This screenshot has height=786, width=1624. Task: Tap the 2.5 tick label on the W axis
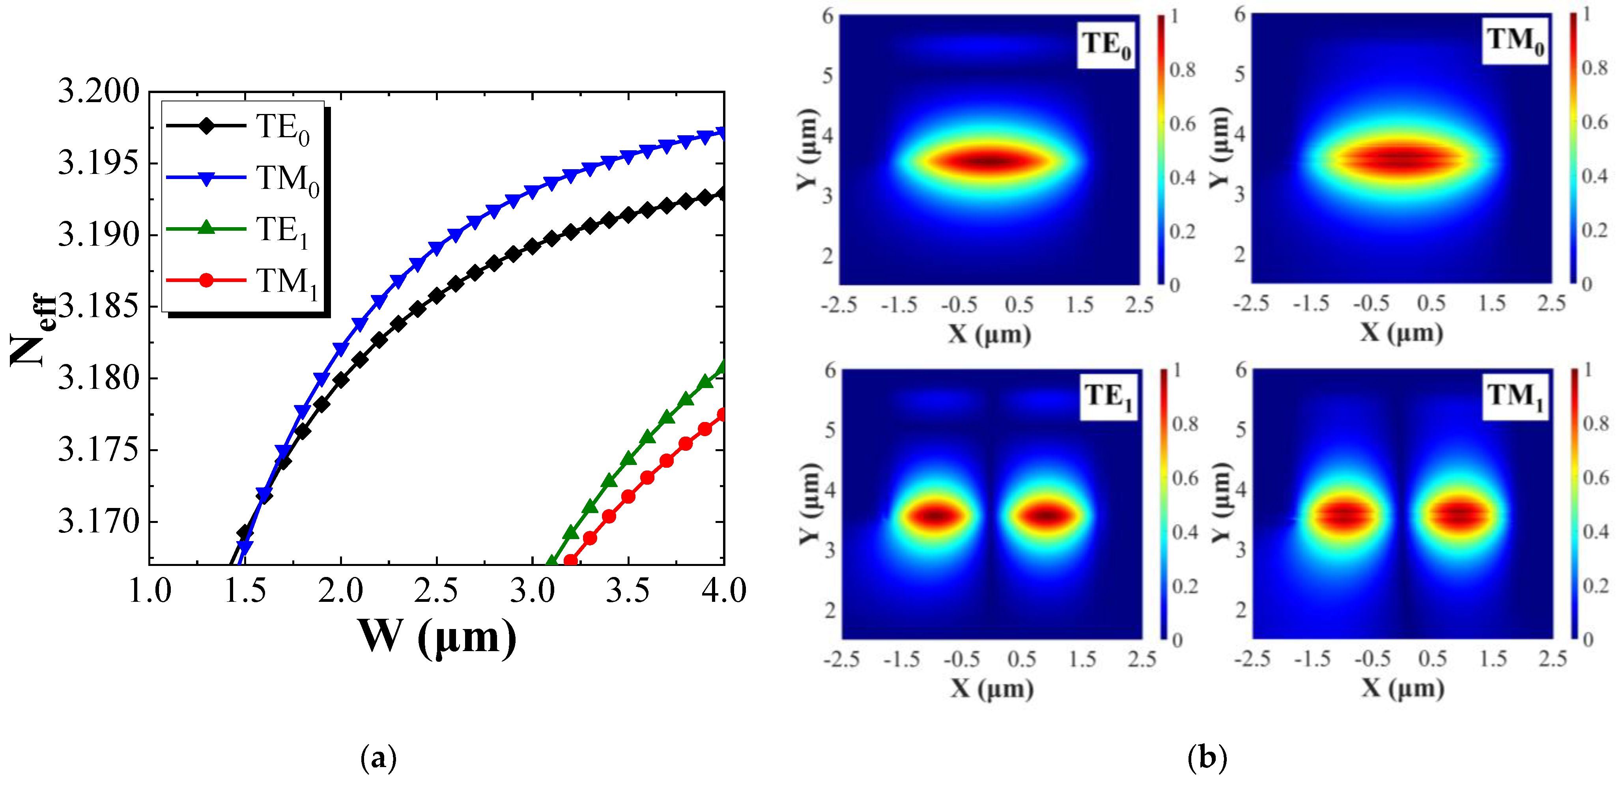pyautogui.click(x=436, y=591)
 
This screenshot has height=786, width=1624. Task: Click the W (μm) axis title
pyautogui.click(x=437, y=638)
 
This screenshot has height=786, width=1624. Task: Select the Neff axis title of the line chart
pyautogui.click(x=32, y=331)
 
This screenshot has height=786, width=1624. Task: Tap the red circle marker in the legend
pyautogui.click(x=206, y=280)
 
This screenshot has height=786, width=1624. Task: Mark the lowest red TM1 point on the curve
pyautogui.click(x=570, y=560)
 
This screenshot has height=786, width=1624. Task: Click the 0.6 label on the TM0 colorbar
pyautogui.click(x=1595, y=121)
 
